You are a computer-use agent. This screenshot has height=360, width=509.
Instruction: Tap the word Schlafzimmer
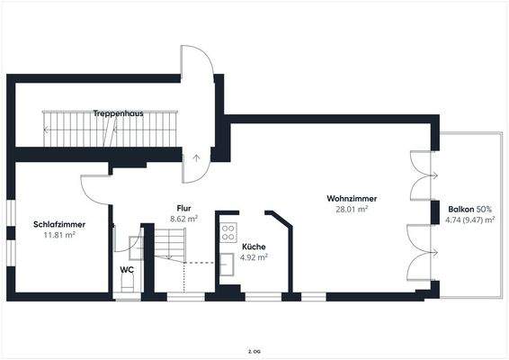(x=59, y=225)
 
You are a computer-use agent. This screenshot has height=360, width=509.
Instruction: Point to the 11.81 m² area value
(x=59, y=235)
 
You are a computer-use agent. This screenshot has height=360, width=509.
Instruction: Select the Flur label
(x=183, y=208)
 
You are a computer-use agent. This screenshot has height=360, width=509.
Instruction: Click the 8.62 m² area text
(x=183, y=218)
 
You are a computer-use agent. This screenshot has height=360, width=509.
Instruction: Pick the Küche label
(x=254, y=246)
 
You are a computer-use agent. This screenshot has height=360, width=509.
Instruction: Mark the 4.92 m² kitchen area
(x=254, y=256)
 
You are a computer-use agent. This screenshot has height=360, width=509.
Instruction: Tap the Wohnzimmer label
(x=352, y=198)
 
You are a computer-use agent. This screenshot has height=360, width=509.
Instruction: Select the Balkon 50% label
(x=469, y=209)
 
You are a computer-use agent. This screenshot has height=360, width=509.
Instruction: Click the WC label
(x=127, y=269)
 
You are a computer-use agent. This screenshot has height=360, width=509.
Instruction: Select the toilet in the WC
(x=128, y=283)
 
